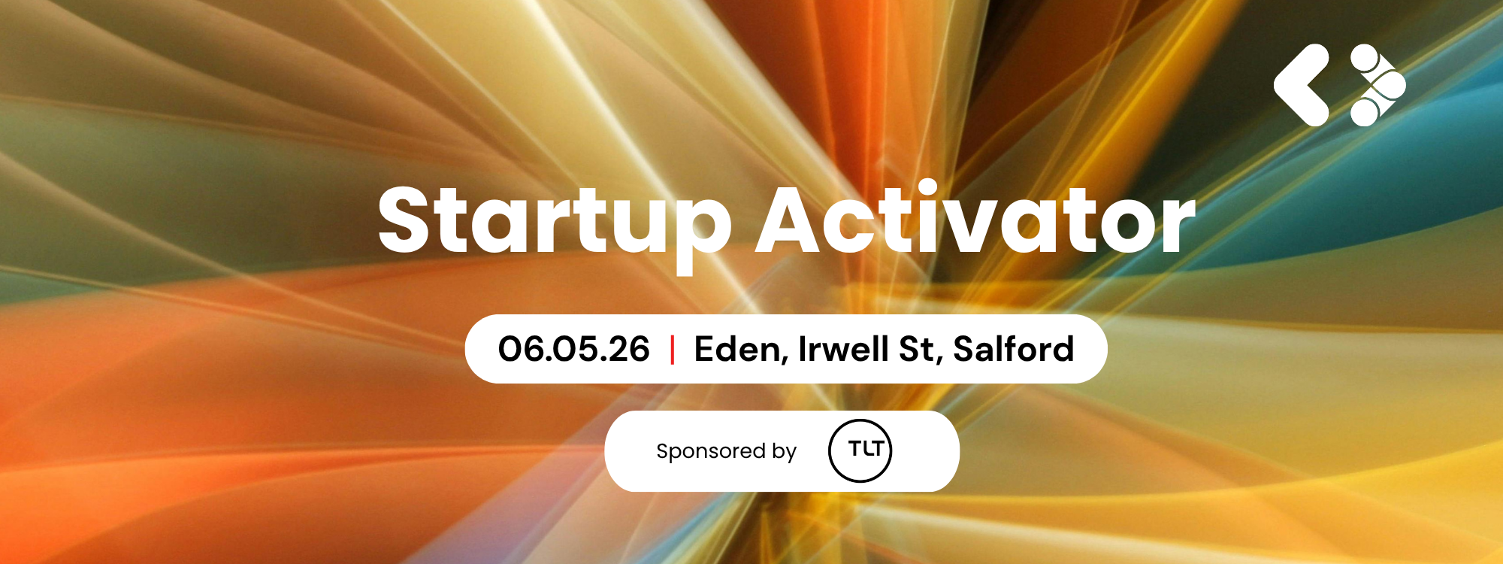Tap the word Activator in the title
pos(975,217)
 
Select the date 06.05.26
pos(574,349)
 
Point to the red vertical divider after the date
pos(672,350)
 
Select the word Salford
pos(1014,349)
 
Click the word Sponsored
pos(710,452)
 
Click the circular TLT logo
pos(860,450)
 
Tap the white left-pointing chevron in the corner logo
pos(1302,85)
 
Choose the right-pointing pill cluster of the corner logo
pos(1377,85)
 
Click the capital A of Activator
pos(793,219)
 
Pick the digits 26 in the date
pos(629,349)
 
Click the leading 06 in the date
pos(521,349)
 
